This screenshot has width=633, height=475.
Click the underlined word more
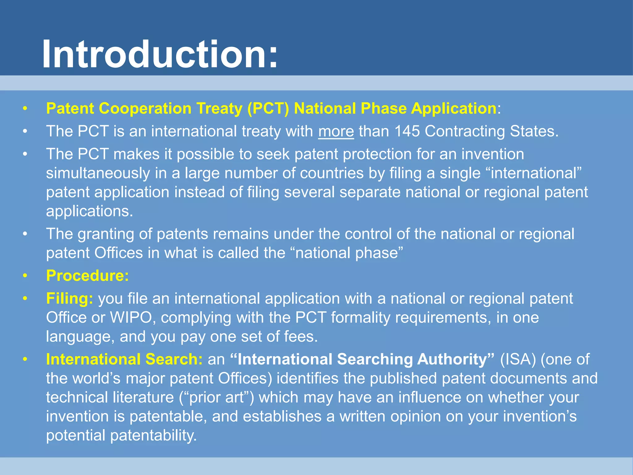point(336,131)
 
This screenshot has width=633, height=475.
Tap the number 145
point(407,131)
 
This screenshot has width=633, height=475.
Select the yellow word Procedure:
point(87,276)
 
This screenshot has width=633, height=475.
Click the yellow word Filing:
point(70,298)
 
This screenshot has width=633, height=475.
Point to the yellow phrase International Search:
point(124,359)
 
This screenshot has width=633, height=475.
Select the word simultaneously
point(98,173)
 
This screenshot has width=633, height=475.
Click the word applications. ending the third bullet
point(89,211)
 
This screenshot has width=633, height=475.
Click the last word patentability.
point(153,435)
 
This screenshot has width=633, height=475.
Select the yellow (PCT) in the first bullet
point(268,108)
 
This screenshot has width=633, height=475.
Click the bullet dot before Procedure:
point(25,276)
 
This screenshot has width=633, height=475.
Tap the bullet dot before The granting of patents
point(25,234)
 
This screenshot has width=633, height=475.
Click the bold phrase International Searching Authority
point(362,359)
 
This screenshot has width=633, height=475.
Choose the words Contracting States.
point(491,131)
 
